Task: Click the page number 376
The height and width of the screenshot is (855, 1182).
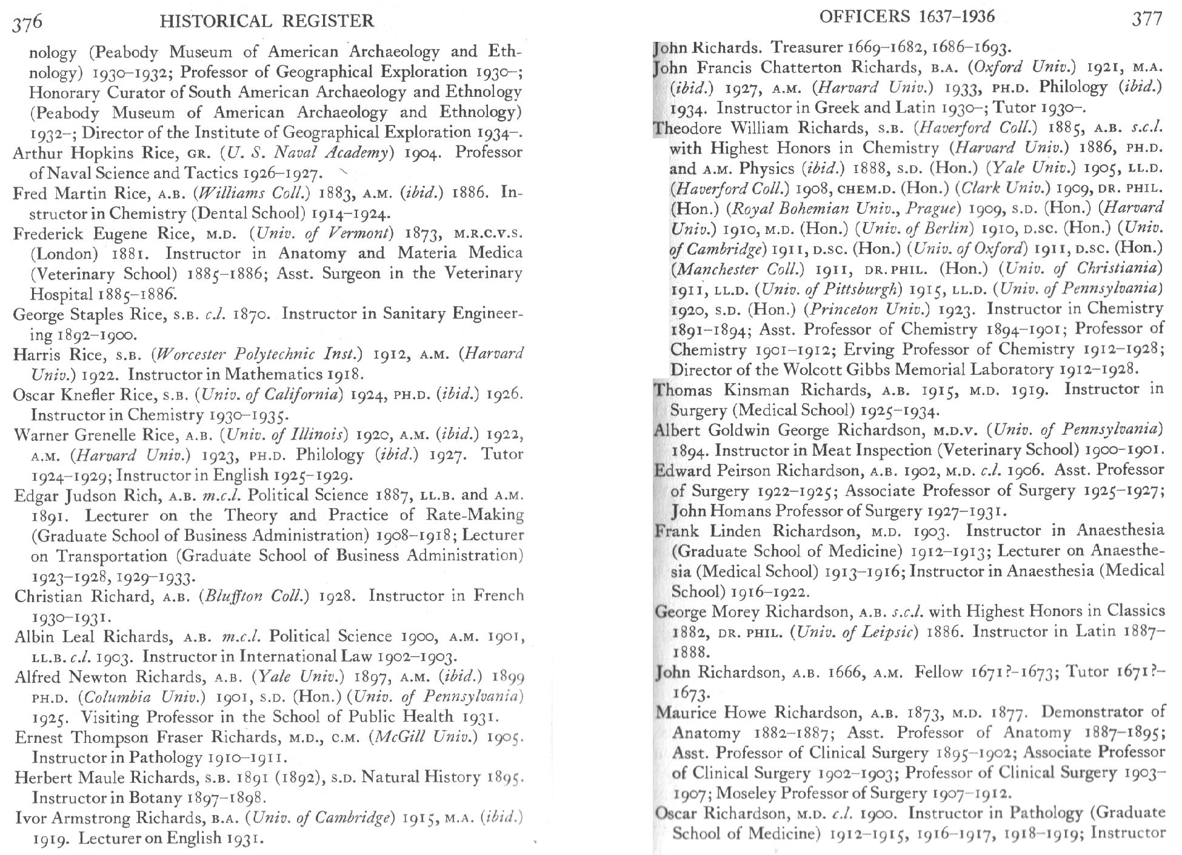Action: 28,22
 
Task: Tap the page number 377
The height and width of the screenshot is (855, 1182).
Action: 1147,19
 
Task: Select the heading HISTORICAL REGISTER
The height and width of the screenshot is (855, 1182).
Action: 267,22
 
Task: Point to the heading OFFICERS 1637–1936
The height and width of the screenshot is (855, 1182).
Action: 907,16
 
